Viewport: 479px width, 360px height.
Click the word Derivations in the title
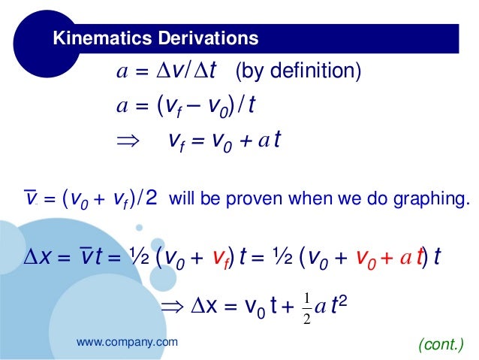click(203, 38)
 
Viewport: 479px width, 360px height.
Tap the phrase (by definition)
click(298, 72)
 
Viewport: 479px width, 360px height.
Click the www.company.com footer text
click(128, 342)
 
